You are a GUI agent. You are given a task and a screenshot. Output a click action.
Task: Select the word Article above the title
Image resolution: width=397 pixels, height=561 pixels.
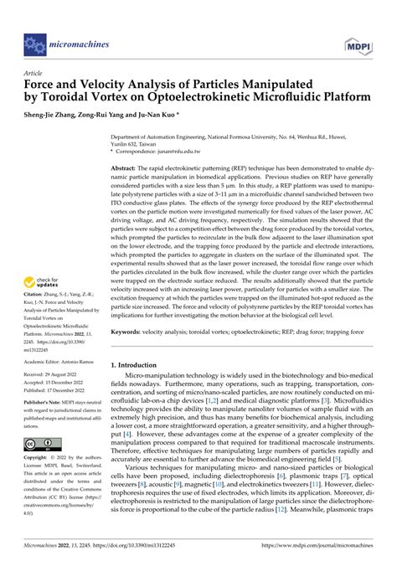[34, 74]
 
